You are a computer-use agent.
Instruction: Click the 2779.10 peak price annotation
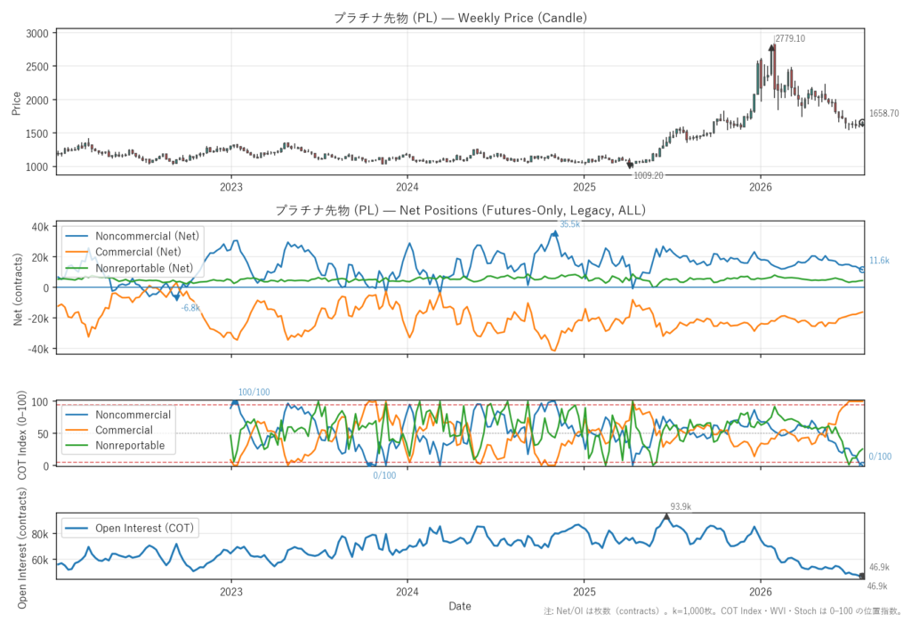click(791, 38)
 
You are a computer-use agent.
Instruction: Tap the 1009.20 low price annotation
click(649, 175)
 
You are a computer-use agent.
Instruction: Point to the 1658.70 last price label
click(883, 113)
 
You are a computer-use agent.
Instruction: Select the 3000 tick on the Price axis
click(37, 34)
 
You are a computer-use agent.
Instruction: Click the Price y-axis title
click(16, 103)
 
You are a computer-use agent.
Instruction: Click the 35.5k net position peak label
click(569, 224)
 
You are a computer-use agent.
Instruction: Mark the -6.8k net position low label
click(190, 308)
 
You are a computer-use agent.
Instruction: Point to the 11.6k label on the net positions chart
click(879, 261)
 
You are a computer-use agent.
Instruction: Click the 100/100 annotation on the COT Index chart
click(254, 392)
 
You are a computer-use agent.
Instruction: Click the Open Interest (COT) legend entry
click(130, 528)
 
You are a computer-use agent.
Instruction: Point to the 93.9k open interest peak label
click(681, 507)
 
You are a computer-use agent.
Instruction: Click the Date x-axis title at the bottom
click(460, 606)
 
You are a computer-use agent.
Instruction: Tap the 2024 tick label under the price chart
click(407, 187)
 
